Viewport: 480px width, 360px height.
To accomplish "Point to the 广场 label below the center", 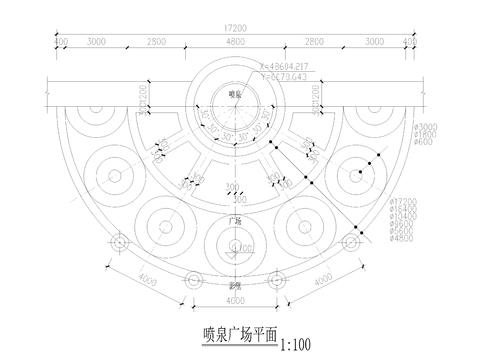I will pyautogui.click(x=236, y=219).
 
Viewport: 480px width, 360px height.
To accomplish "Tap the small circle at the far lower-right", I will pyautogui.click(x=351, y=241).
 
